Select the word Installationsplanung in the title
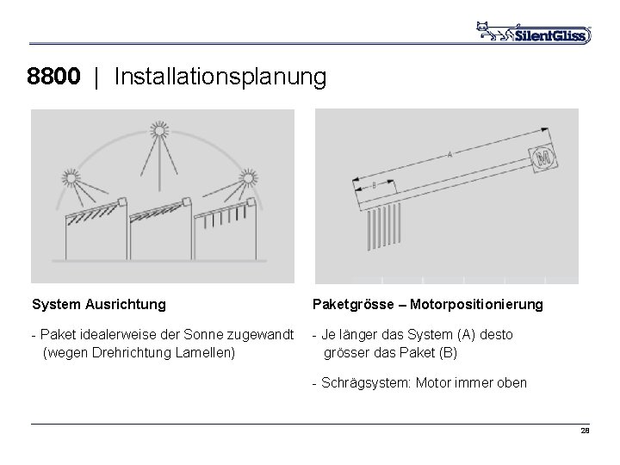220,78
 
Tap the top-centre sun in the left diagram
159,132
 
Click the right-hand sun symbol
249,178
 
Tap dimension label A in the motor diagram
450,155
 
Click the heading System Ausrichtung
99,304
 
